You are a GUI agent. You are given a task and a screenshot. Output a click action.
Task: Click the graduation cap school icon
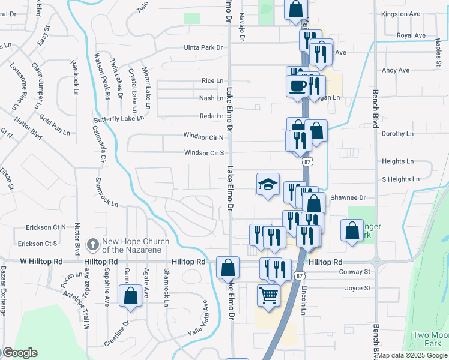[x=268, y=184]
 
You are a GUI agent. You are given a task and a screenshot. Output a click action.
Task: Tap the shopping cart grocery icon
[x=268, y=295]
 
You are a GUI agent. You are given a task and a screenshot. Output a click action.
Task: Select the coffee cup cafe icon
[x=298, y=85]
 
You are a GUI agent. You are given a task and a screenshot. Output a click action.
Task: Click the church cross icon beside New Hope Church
[x=92, y=244]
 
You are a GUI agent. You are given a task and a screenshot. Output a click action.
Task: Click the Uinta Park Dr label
[x=203, y=47]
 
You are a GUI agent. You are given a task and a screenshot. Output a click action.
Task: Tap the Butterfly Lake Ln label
[x=119, y=119]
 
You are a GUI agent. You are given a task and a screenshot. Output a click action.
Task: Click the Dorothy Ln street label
[x=397, y=134]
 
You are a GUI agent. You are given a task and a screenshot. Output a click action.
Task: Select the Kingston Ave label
[x=400, y=13]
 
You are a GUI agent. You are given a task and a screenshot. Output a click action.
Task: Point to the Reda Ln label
[x=212, y=116]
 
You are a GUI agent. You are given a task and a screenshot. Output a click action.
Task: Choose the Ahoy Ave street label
[x=396, y=70]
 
